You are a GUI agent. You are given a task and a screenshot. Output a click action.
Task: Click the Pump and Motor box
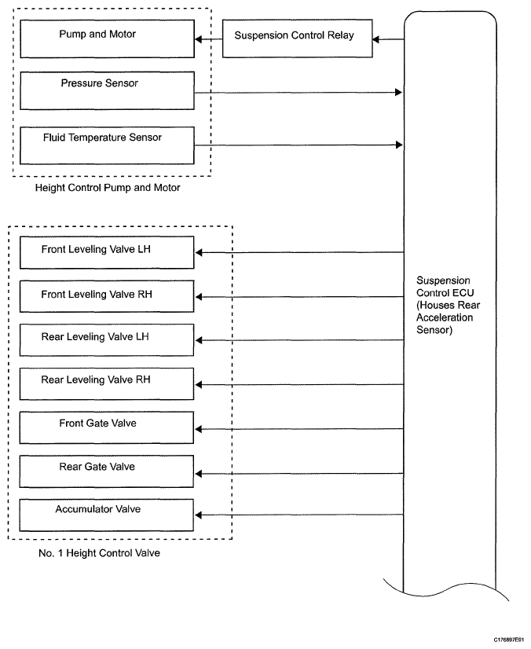coord(107,39)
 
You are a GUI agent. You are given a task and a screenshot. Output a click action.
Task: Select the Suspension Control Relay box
coord(298,38)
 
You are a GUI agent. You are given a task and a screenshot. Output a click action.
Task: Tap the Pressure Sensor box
coord(107,90)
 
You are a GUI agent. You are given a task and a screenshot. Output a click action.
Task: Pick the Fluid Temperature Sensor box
coord(107,145)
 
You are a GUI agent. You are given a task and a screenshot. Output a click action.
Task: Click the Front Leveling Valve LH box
coord(107,252)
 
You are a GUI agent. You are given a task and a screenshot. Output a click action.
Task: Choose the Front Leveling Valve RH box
coord(107,296)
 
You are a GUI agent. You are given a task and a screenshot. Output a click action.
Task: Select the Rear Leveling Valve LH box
coord(107,340)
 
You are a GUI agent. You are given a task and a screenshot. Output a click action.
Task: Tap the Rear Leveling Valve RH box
coord(107,384)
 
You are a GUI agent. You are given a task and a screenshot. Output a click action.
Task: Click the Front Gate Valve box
coord(107,427)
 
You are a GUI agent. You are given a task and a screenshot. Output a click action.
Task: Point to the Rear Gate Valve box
coord(107,471)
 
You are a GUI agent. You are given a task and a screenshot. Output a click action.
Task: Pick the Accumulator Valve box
coord(107,515)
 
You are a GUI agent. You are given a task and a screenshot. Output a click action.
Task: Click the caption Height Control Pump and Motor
coord(108,188)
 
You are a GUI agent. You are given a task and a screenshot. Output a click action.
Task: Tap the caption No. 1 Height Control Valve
coord(99,553)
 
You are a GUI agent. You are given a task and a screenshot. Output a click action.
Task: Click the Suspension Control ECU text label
coord(448,305)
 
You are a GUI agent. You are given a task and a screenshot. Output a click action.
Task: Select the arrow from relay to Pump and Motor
coord(209,39)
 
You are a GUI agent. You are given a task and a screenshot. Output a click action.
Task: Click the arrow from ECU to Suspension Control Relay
coord(388,40)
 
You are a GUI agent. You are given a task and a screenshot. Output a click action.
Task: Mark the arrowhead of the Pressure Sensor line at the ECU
coord(399,92)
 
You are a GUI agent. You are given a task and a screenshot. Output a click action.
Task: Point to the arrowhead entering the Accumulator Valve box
coord(198,515)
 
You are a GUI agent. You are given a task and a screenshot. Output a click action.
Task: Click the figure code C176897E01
coord(509,640)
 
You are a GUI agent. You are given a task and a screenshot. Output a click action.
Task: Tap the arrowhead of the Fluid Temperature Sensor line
coord(399,145)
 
